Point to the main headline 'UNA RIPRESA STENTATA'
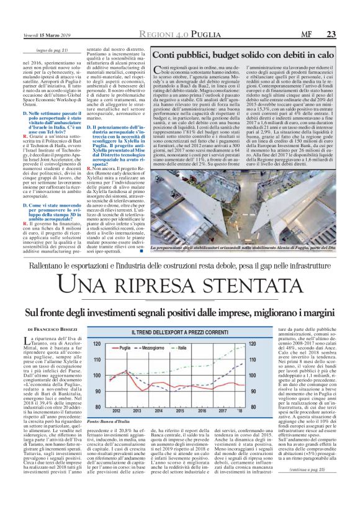pyautogui.click(x=179, y=286)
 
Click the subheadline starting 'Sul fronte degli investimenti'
pyautogui.click(x=179, y=311)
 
